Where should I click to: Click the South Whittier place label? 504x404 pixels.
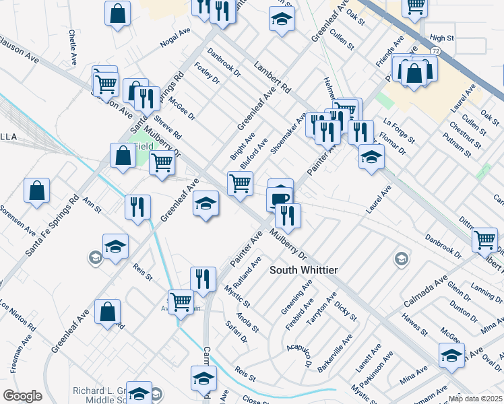coord(303,270)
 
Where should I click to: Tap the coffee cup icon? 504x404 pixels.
coord(279,198)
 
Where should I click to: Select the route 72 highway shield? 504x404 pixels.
coord(436,51)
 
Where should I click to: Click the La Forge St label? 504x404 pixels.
coord(398,131)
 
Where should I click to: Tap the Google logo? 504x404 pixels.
coord(22,396)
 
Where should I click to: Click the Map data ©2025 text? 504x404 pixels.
coord(475,398)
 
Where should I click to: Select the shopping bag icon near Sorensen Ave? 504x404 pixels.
coord(37,191)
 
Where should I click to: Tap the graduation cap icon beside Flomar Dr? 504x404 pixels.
coord(370,158)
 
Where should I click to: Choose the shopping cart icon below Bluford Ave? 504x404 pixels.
coord(241,182)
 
